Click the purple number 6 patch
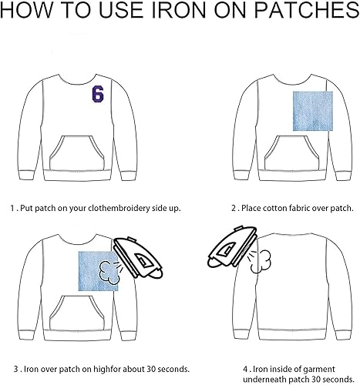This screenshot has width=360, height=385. point(98,94)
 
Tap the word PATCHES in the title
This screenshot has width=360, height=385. point(307,10)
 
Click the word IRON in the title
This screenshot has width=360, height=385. point(179,10)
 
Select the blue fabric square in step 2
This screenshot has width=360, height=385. point(313,111)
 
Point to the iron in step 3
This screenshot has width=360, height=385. point(138,257)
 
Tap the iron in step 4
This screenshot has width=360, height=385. point(232,247)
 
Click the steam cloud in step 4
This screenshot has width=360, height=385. point(261,262)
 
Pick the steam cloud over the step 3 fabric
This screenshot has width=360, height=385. point(109,273)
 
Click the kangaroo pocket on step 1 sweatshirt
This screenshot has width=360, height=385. point(77,153)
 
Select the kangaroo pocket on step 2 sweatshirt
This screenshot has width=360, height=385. point(292,153)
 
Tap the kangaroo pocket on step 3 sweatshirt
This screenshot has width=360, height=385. point(77,313)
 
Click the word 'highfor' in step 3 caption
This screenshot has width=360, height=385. point(108,369)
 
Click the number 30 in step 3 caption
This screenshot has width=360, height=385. point(151,369)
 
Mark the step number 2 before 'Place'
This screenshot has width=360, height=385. point(234,208)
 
